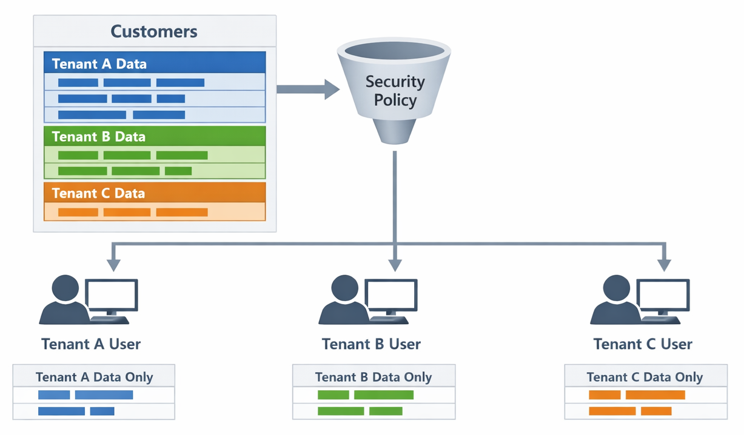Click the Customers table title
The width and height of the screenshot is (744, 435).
154,32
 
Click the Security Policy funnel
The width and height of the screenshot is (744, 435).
394,85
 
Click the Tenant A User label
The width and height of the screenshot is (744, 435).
91,344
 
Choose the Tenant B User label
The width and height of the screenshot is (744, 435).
371,344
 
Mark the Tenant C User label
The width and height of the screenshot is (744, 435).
643,344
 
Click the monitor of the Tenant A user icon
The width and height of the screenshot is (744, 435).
111,295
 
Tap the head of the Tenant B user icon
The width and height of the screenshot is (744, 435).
343,288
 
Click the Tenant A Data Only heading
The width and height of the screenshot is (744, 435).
94,377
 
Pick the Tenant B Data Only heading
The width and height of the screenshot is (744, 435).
374,377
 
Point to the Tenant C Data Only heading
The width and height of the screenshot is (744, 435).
645,377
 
